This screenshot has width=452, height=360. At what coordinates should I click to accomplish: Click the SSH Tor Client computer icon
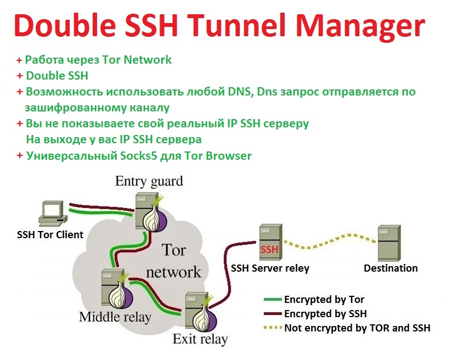pyautogui.click(x=52, y=214)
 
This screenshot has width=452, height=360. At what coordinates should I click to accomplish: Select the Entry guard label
pyautogui.click(x=149, y=181)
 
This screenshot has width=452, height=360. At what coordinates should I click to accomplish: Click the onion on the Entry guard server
pyautogui.click(x=153, y=217)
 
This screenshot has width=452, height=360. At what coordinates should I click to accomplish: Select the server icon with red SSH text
pyautogui.click(x=270, y=243)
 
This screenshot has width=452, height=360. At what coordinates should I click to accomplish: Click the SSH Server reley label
pyautogui.click(x=270, y=268)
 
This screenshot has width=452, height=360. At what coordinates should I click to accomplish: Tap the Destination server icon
pyautogui.click(x=391, y=243)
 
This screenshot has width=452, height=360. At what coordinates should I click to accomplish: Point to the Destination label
pyautogui.click(x=391, y=268)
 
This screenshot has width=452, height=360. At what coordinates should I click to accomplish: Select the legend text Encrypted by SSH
pyautogui.click(x=325, y=314)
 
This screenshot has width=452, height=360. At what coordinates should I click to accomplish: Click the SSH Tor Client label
pyautogui.click(x=49, y=235)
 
